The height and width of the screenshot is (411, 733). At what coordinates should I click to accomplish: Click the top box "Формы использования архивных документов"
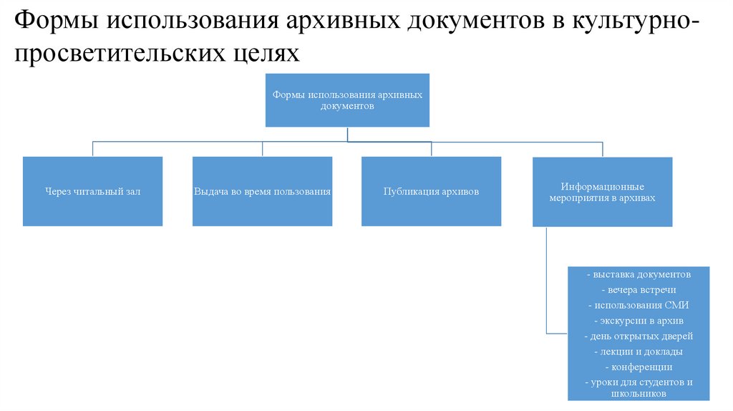tap(348, 100)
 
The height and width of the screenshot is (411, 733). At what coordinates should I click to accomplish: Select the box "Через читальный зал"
tap(93, 192)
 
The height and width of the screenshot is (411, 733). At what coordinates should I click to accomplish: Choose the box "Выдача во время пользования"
tap(262, 192)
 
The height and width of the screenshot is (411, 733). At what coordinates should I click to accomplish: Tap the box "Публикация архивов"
tap(431, 192)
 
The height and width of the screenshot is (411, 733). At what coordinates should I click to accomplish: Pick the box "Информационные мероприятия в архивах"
tap(603, 192)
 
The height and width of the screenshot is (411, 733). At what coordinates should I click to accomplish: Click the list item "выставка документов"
tap(639, 274)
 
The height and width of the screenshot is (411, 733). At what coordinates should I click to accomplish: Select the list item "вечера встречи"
tap(639, 290)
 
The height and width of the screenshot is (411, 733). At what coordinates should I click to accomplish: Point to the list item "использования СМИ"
tap(639, 305)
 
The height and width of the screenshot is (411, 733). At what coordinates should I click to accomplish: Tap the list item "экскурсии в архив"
tap(639, 321)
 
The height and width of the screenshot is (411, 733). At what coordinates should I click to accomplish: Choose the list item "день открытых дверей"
tap(639, 336)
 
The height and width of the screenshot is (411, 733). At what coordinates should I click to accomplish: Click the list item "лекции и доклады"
tap(639, 352)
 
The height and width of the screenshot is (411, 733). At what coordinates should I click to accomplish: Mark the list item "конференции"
tap(639, 367)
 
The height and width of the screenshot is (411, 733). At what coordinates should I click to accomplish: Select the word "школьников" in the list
tap(639, 393)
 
